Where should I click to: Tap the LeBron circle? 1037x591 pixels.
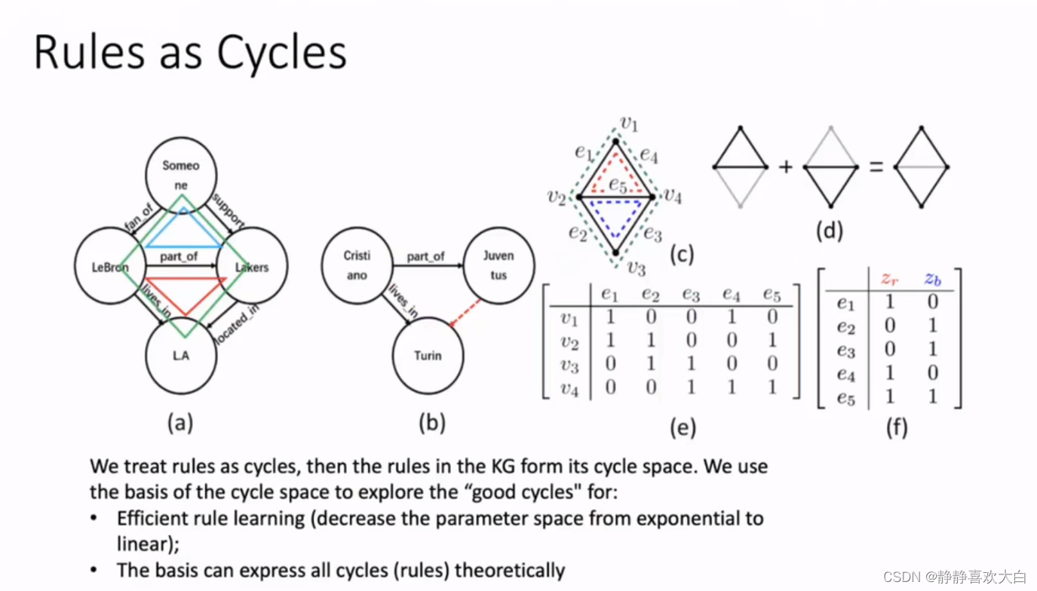click(111, 266)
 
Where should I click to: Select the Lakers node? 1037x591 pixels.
click(250, 266)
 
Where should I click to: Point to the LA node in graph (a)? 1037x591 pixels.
click(181, 356)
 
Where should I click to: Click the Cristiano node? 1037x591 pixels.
click(357, 265)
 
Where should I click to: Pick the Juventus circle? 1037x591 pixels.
click(499, 265)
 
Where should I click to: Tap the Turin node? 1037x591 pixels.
click(428, 356)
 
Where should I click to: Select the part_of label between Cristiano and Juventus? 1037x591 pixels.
click(426, 256)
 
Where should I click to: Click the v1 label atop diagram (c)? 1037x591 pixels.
click(628, 124)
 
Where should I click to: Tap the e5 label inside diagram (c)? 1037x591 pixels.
click(618, 184)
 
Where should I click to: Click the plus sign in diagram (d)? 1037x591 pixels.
click(785, 167)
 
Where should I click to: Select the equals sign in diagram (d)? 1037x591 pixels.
click(876, 167)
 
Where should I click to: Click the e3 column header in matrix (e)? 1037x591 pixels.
click(691, 294)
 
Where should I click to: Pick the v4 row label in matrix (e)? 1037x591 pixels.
click(569, 389)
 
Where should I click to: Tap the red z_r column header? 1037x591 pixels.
click(890, 278)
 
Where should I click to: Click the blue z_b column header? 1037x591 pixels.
click(933, 278)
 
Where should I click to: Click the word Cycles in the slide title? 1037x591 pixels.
click(281, 53)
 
